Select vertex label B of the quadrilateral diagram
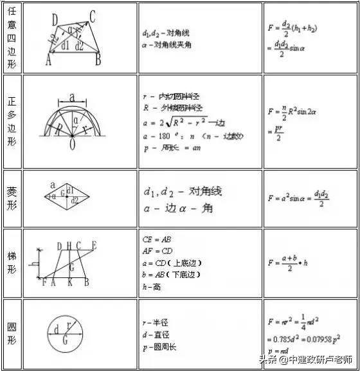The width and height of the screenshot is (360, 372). (98, 61)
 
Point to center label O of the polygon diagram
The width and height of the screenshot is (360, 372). (72, 145)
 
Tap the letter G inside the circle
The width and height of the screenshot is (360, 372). (65, 341)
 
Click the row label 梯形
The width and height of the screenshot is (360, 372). (12, 263)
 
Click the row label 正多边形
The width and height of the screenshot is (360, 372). (12, 121)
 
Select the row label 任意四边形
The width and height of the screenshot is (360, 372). (12, 37)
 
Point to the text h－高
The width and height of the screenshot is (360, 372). (152, 286)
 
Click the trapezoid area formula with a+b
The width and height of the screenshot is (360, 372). (289, 262)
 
